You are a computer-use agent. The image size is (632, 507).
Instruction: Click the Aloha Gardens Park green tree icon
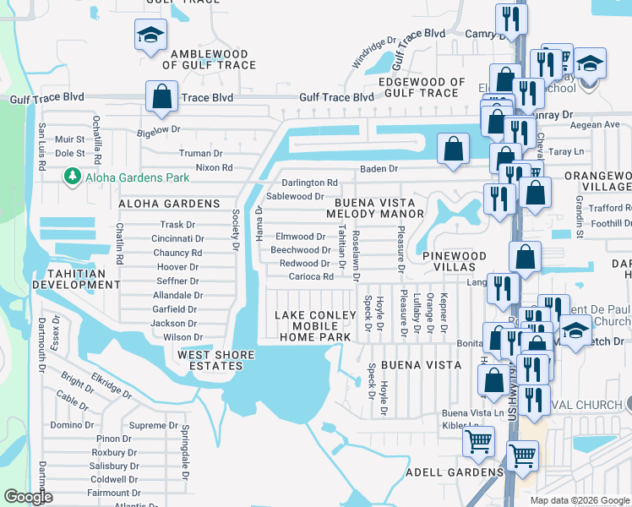pos(71,176)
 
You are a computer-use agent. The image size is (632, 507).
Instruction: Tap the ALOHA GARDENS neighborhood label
pos(169,204)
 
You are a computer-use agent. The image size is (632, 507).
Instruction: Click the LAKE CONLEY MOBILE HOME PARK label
pos(313,326)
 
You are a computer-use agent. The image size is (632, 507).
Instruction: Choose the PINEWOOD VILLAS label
pos(455,261)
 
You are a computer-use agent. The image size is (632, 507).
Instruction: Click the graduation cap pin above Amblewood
pos(150,35)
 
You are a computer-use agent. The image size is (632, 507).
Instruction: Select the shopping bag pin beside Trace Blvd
pos(161,97)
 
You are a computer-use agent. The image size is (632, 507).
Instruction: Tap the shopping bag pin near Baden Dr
pos(454,148)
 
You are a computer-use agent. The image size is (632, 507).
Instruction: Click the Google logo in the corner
pos(28,497)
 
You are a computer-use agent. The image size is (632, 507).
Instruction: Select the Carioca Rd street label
pos(311,276)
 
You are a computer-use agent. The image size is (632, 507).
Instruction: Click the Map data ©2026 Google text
pos(579,500)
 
